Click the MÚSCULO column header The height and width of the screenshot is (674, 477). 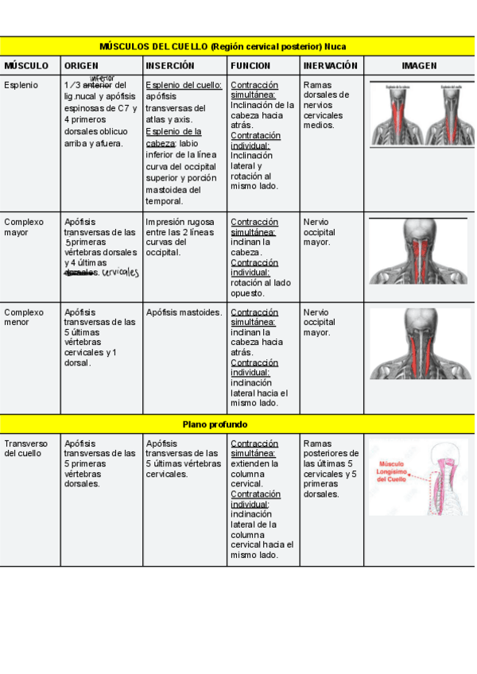pyautogui.click(x=26, y=66)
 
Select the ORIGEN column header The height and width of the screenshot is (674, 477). pyautogui.click(x=82, y=66)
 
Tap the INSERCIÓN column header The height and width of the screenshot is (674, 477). pyautogui.click(x=170, y=66)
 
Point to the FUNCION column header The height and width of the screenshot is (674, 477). pyautogui.click(x=250, y=66)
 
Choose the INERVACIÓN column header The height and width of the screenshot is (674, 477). pyautogui.click(x=331, y=66)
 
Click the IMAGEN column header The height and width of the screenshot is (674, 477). pyautogui.click(x=419, y=66)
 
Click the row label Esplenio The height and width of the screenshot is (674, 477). pyautogui.click(x=20, y=85)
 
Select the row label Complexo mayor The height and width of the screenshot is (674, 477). pyautogui.click(x=24, y=227)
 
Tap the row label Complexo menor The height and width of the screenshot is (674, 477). pyautogui.click(x=24, y=318)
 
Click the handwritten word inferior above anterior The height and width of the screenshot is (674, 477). pyautogui.click(x=103, y=78)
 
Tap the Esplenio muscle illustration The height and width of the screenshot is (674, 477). pyautogui.click(x=419, y=113)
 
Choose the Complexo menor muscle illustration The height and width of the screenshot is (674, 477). pyautogui.click(x=419, y=343)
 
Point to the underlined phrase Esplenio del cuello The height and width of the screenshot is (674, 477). pyautogui.click(x=184, y=85)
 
